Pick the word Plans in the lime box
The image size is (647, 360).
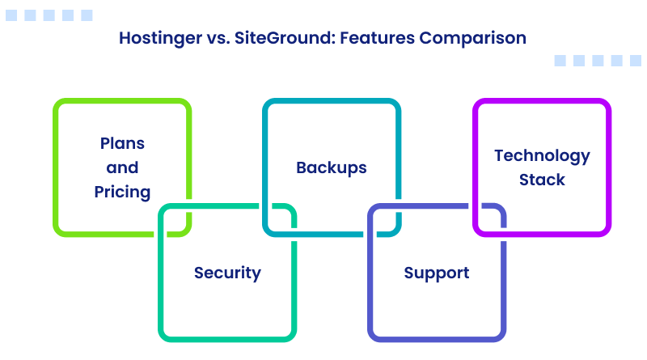pos(122,143)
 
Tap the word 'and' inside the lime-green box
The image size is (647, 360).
pos(122,167)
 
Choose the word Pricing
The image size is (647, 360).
pos(122,192)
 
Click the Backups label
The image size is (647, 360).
pos(331,167)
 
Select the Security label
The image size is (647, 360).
pos(227,273)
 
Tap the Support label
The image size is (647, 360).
pos(437,273)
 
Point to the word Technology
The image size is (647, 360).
pos(542,155)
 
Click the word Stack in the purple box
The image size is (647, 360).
pos(542,180)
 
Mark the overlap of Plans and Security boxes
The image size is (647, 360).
pos(175,219)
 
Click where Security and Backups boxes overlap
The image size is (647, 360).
pos(280,219)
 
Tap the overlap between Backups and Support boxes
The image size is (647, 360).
pos(384,219)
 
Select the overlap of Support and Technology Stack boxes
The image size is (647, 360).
pos(489,219)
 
